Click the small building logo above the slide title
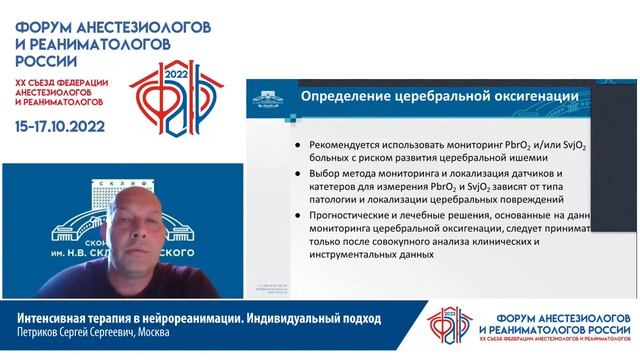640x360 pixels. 265,97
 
